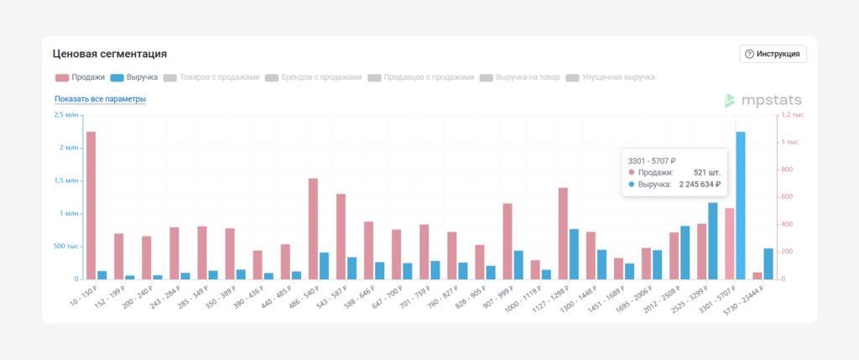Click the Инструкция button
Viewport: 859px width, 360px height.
773,54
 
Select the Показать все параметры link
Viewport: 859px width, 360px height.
100,99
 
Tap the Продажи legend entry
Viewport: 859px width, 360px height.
81,77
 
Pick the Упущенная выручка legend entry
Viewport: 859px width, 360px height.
610,77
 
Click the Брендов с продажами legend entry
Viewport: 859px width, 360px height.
313,77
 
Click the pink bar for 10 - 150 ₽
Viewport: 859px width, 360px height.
91,206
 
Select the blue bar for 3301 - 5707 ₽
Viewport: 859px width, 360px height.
741,206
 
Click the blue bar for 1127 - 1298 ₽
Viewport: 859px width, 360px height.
574,253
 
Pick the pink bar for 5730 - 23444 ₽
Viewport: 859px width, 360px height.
757,275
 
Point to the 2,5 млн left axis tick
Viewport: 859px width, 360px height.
65,115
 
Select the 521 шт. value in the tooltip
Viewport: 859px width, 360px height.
707,172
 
